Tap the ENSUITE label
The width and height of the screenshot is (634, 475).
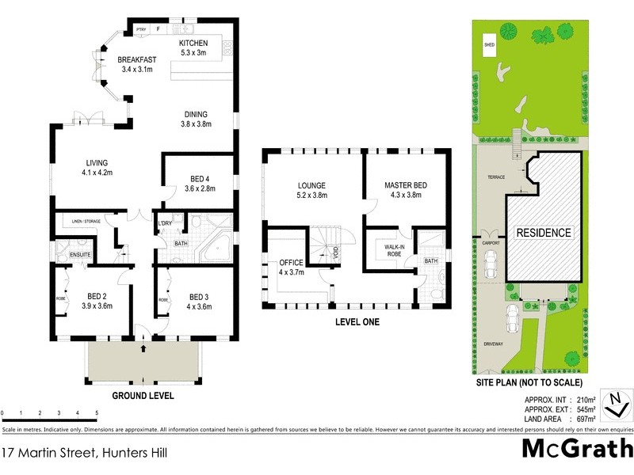coord(80,254)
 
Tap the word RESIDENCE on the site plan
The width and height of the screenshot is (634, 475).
coord(544,233)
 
